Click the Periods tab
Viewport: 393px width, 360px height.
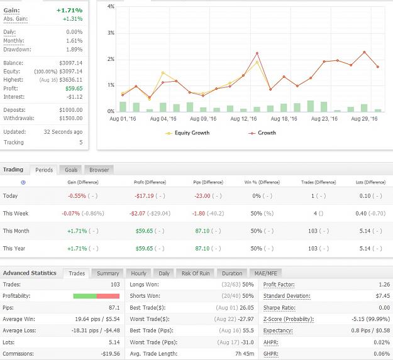tap(44, 170)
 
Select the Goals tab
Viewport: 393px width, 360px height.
tap(71, 170)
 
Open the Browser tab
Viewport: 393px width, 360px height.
tap(99, 170)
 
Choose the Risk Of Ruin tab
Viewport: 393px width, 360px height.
tap(196, 273)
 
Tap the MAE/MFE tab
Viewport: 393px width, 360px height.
tap(266, 273)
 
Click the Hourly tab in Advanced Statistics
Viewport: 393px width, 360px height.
tap(138, 273)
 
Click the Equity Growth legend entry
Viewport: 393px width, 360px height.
tap(187, 133)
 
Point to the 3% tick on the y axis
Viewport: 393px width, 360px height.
tap(111, 33)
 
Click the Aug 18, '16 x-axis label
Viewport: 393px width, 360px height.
tap(284, 119)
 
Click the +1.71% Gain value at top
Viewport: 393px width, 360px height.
tap(69, 10)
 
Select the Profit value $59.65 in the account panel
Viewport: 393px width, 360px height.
tap(74, 89)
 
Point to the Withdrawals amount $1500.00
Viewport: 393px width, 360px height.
tap(71, 118)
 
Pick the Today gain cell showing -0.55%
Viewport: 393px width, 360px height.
tap(77, 196)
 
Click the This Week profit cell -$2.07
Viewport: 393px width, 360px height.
tap(137, 213)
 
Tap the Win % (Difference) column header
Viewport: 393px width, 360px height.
tap(262, 182)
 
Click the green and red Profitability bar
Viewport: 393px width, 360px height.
tap(96, 296)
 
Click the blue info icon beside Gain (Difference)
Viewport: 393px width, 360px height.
tap(23, 182)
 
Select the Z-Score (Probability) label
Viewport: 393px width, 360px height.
tap(289, 319)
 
